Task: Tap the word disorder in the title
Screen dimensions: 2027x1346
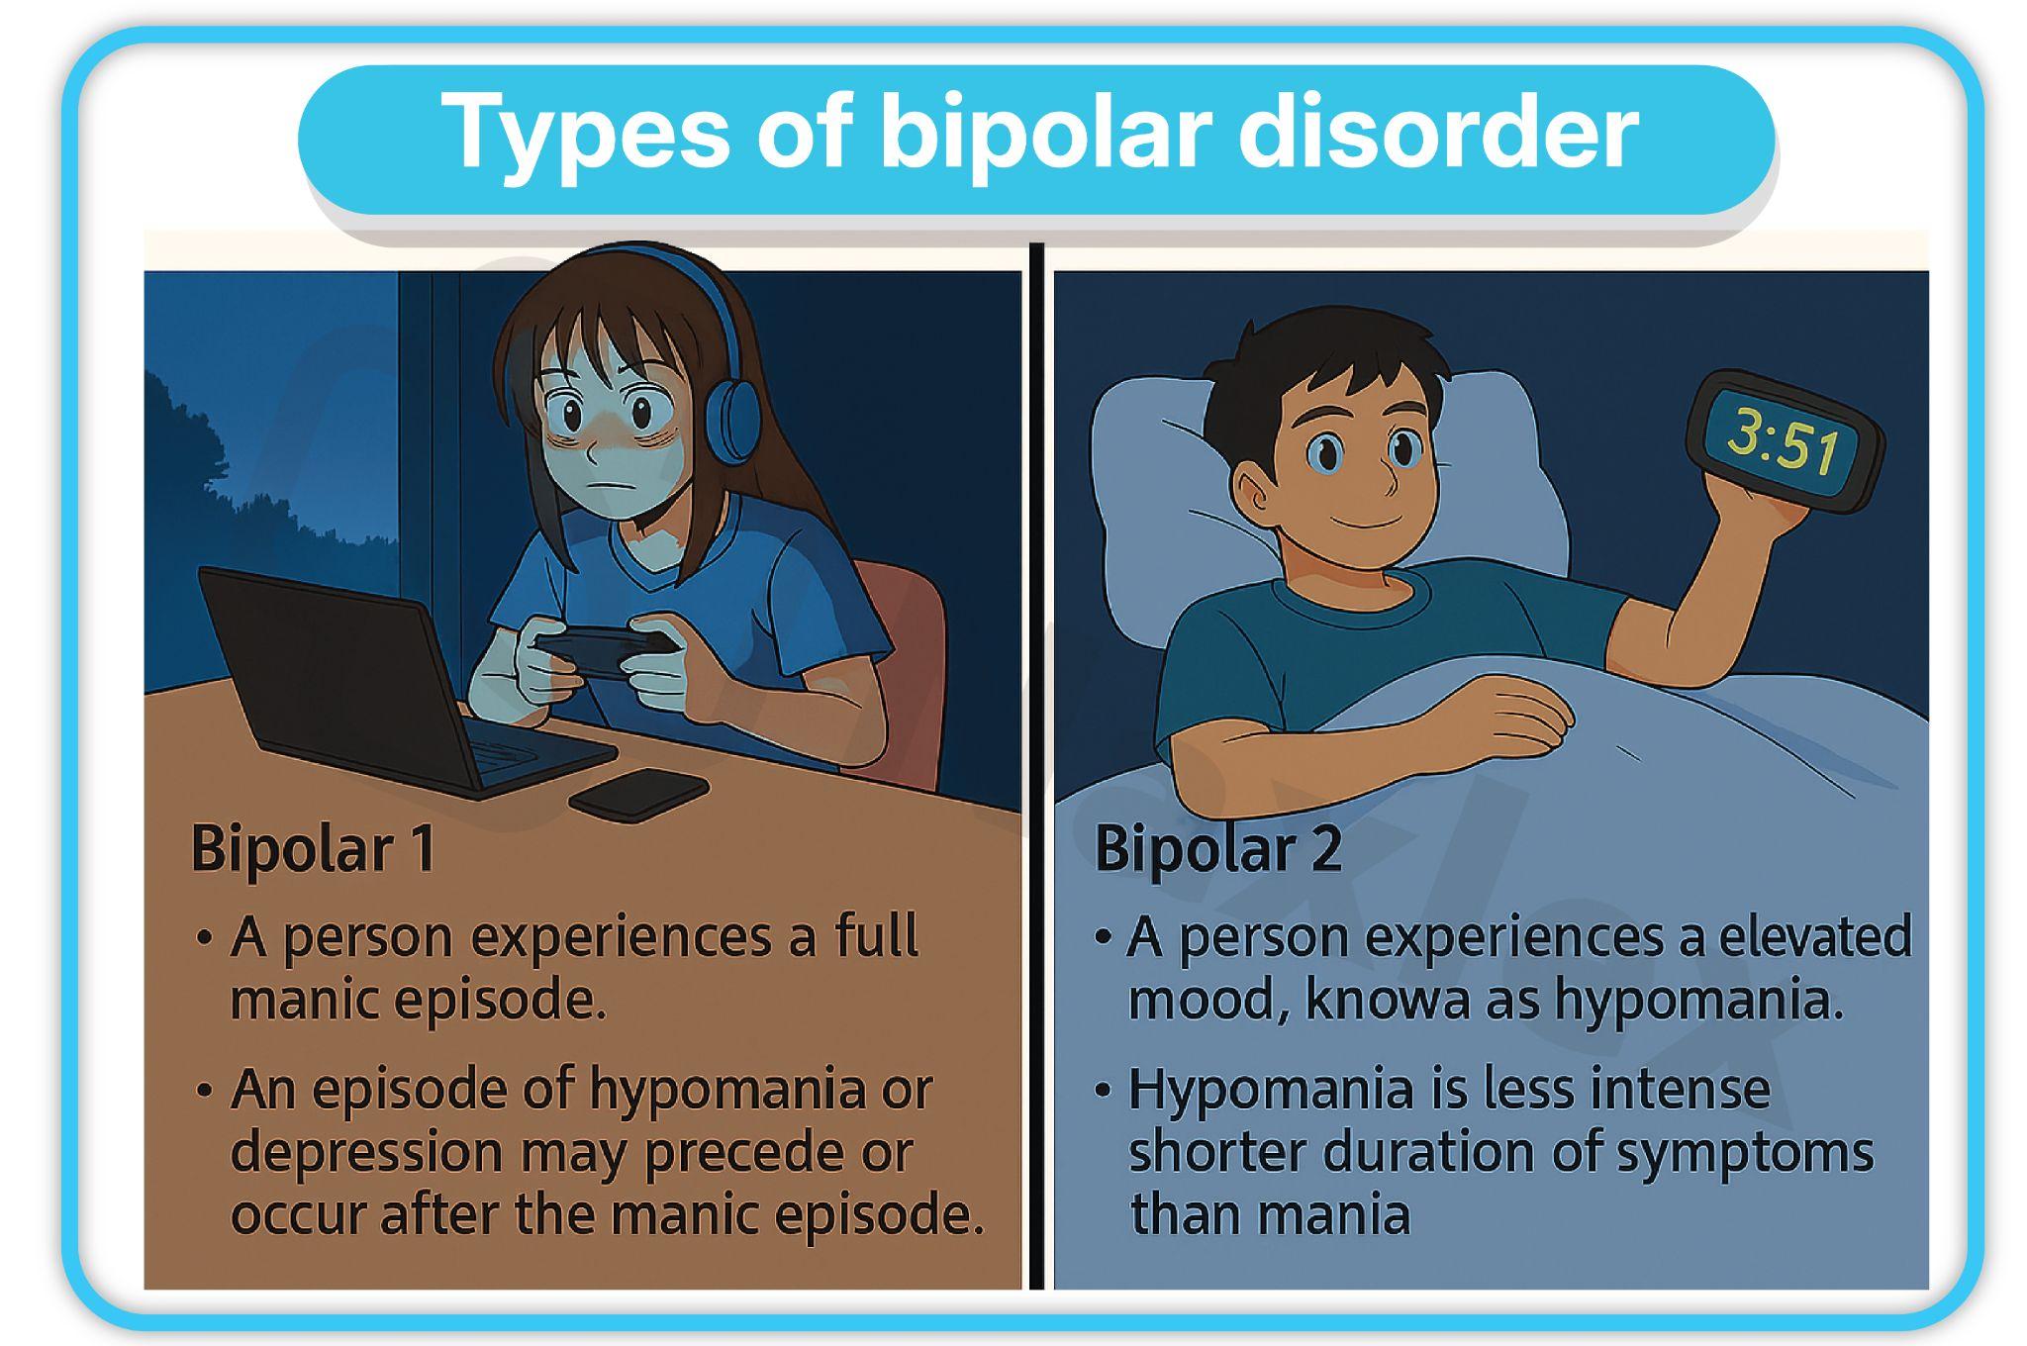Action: [x=1439, y=132]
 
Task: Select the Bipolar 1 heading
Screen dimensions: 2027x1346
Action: [x=313, y=849]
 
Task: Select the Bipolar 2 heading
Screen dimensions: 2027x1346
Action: [x=1218, y=849]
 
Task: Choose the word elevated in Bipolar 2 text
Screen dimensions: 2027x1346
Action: [x=1815, y=936]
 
